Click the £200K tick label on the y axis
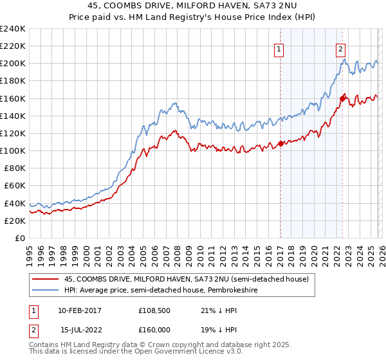coord(12,64)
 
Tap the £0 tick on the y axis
coord(19,238)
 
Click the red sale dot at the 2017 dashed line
coord(280,143)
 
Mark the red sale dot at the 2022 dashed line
coord(342,98)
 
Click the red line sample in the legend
coord(45,279)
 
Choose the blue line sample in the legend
coord(45,290)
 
